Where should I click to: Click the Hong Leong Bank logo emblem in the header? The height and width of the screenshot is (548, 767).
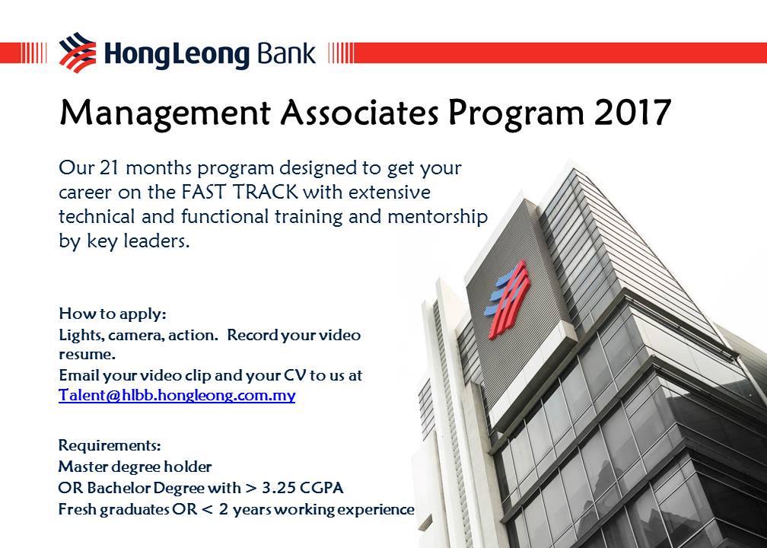[x=78, y=53]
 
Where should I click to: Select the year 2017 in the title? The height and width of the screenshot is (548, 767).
[x=632, y=113]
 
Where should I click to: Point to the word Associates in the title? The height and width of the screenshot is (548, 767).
[x=359, y=113]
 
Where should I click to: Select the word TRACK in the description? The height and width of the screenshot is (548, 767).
[x=265, y=192]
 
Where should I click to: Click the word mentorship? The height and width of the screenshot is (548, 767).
[x=438, y=217]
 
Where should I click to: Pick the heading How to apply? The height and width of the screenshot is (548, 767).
[x=113, y=314]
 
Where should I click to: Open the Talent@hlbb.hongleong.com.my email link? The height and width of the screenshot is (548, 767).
[x=177, y=395]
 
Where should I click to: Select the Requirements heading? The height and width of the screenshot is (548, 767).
[x=110, y=446]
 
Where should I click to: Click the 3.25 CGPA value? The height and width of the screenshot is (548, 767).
[x=303, y=488]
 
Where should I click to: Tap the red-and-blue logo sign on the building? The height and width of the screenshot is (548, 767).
[x=507, y=299]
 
